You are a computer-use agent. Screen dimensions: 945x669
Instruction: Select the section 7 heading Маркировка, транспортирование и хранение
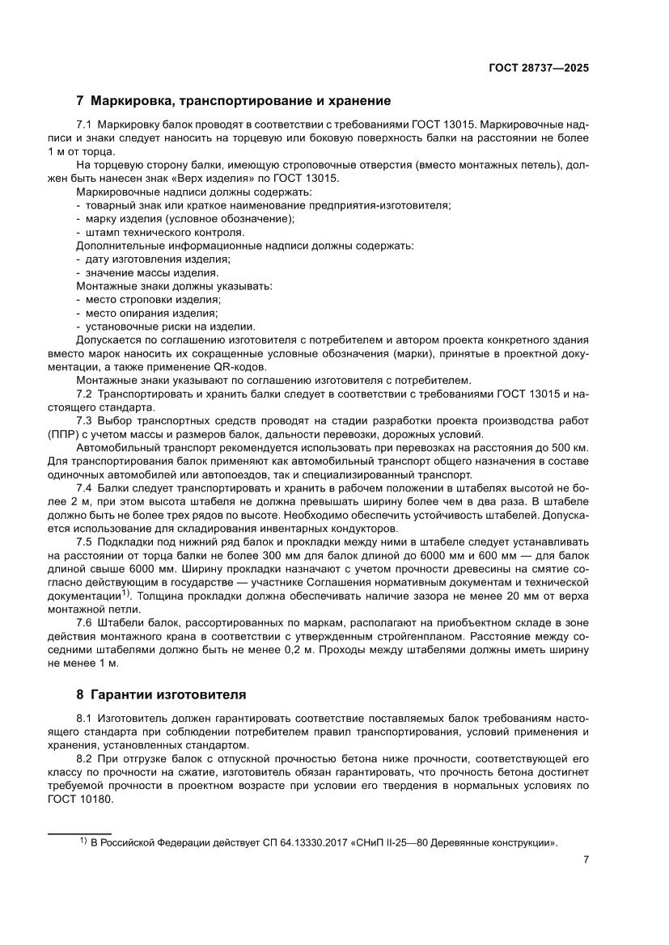pyautogui.click(x=233, y=102)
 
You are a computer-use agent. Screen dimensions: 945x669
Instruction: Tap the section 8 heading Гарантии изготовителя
pyautogui.click(x=161, y=694)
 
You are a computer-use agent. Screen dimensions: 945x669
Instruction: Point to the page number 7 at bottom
pyautogui.click(x=585, y=859)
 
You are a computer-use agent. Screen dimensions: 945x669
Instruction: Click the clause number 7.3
pyautogui.click(x=85, y=421)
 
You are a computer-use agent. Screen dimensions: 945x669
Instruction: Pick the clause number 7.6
pyautogui.click(x=85, y=622)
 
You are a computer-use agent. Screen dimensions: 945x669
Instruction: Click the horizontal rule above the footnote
pyautogui.click(x=79, y=833)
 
